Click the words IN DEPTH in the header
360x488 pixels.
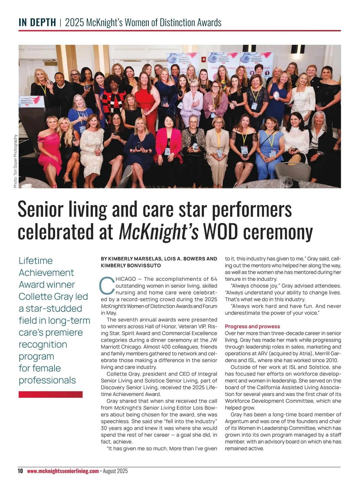(x=37, y=23)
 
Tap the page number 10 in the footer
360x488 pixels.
(x=20, y=471)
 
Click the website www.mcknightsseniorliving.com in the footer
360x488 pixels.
(x=63, y=471)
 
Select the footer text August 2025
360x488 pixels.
(x=115, y=471)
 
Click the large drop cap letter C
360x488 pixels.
(x=107, y=286)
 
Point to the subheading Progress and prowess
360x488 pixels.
(x=252, y=326)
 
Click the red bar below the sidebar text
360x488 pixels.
(x=50, y=394)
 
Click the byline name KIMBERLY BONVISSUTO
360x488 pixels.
(x=131, y=266)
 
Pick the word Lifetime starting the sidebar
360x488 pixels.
(x=36, y=261)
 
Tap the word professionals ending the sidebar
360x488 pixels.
(x=47, y=380)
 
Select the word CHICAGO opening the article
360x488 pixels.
(x=125, y=279)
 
